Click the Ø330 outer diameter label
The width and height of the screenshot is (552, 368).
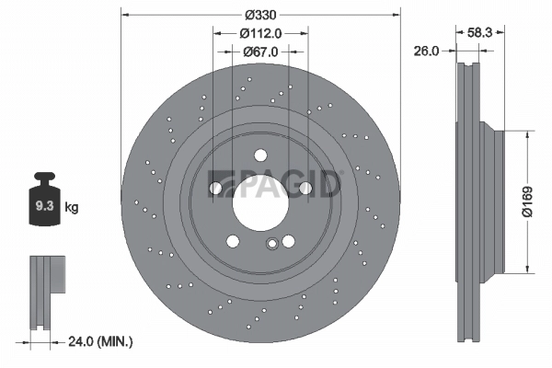coord(261,16)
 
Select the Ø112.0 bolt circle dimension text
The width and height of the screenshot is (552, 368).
coord(260,33)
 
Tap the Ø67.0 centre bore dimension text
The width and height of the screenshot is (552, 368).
coord(260,51)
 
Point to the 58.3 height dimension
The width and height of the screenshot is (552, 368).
coord(479,31)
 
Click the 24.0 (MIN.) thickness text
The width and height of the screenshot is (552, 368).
coord(101,341)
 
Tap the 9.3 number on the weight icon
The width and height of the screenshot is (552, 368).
coord(43,207)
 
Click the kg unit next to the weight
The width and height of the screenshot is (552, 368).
coord(71,207)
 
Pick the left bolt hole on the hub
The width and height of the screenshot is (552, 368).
coord(217,189)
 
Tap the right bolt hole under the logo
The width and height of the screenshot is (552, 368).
coord(305,189)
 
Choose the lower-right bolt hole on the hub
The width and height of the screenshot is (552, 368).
coord(288,242)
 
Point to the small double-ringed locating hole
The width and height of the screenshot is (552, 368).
coord(271,244)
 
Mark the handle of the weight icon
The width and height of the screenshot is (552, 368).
coord(43,178)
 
